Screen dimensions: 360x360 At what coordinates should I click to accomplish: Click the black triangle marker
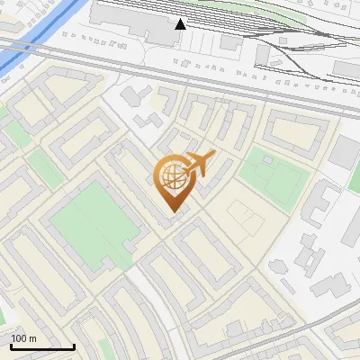(x=181, y=23)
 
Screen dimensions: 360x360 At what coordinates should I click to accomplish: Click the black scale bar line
(x=42, y=346)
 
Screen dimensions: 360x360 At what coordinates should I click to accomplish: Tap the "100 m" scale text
(x=24, y=338)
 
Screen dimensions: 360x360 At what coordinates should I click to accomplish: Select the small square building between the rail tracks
(x=231, y=42)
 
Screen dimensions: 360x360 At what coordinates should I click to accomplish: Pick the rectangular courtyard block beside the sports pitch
(x=294, y=131)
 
